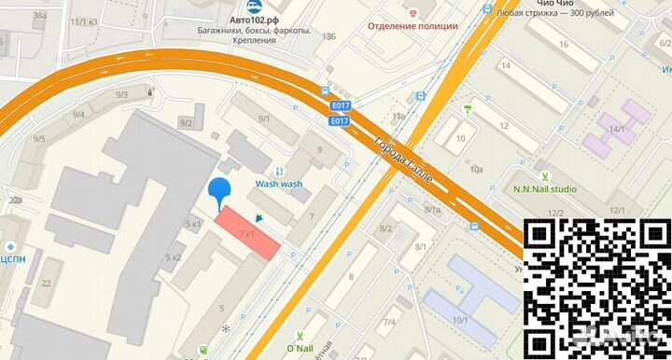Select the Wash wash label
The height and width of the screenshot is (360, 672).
(x=279, y=185)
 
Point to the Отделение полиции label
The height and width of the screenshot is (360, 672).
(x=412, y=26)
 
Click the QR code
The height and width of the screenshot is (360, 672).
(x=593, y=284)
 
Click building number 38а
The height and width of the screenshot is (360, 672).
(x=39, y=16)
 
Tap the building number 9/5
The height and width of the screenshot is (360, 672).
(x=39, y=139)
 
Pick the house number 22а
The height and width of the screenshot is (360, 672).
(x=15, y=201)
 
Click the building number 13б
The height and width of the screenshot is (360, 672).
(x=328, y=35)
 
